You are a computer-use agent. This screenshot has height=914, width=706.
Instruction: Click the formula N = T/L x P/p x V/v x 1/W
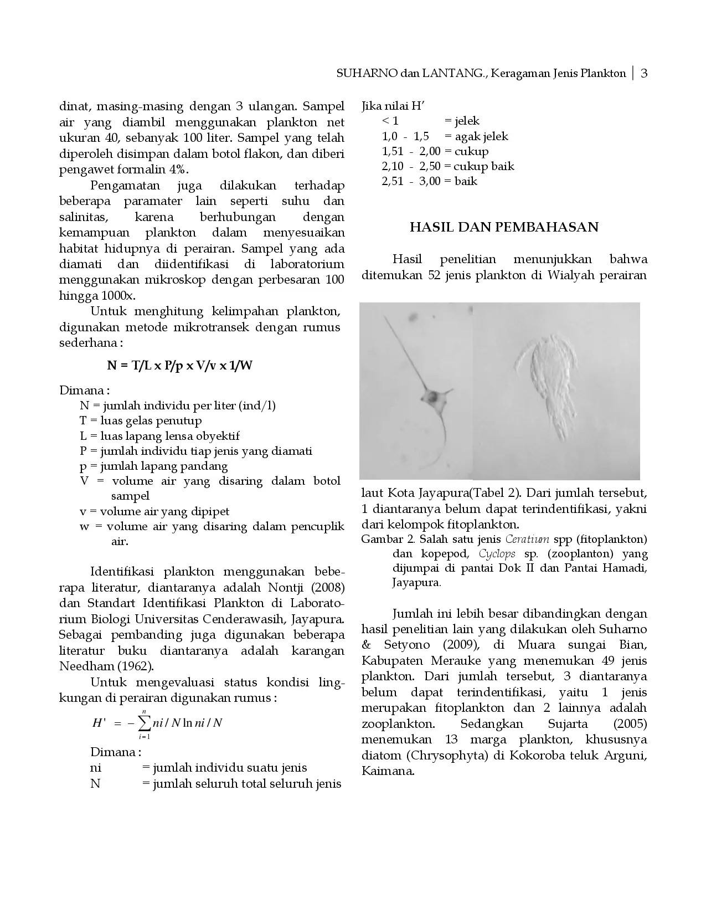(x=180, y=366)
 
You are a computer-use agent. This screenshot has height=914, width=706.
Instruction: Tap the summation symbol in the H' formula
(x=145, y=722)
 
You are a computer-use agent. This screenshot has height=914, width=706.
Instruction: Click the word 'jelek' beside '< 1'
(x=466, y=121)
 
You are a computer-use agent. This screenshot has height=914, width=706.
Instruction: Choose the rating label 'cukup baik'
(x=484, y=166)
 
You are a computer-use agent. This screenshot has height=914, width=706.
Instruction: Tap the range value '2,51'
(x=393, y=181)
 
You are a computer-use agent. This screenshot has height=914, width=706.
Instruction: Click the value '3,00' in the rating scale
(x=430, y=181)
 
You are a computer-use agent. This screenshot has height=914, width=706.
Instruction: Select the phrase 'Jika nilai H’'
(x=393, y=106)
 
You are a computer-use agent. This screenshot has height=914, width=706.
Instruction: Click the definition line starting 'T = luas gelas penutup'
(x=141, y=420)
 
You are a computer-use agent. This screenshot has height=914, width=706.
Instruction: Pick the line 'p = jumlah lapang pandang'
(x=154, y=466)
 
